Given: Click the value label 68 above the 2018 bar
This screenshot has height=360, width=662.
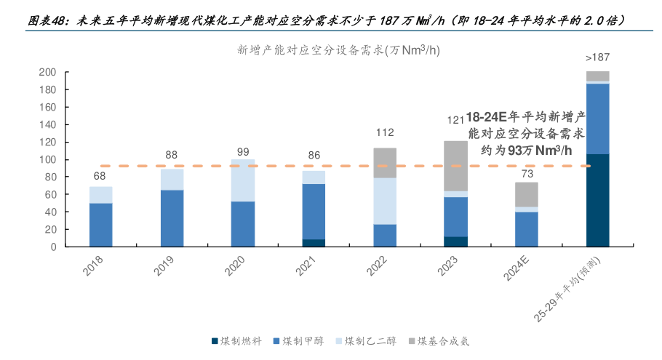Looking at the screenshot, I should (x=101, y=175).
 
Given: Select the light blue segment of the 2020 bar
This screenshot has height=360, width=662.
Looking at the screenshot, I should (x=243, y=180).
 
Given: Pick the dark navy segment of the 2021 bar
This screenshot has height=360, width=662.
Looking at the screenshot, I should (x=314, y=243).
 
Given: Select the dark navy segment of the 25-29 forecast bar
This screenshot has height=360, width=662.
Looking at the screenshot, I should (x=597, y=200).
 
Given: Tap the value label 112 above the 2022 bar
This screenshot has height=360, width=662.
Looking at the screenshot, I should (x=385, y=133).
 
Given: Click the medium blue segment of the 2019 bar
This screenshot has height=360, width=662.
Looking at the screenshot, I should (x=172, y=218).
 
